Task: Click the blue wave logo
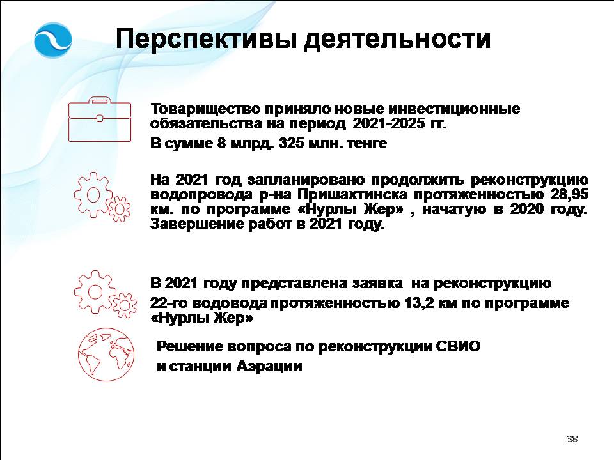(53, 40)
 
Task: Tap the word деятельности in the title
(397, 40)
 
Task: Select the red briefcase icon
(100, 119)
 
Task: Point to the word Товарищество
(205, 109)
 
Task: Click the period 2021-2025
(389, 123)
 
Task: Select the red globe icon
(106, 355)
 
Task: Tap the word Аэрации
(269, 367)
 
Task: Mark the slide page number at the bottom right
(572, 439)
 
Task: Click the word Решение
(191, 346)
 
